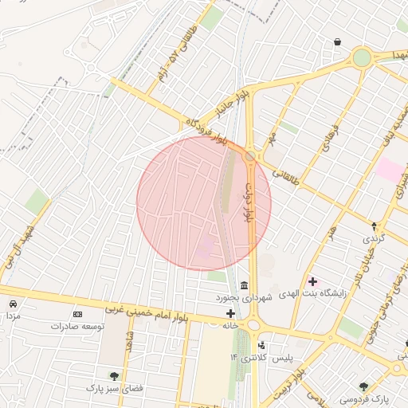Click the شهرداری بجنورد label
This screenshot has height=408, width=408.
coord(244,297)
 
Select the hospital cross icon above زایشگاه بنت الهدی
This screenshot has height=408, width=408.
coord(312,281)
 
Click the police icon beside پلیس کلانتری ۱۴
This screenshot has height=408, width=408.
coord(261,346)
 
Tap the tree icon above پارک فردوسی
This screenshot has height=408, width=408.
coord(364,386)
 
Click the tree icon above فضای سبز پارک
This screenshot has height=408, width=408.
coord(114,375)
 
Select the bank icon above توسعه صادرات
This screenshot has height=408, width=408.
coord(77,315)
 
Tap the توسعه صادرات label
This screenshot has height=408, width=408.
coord(77,327)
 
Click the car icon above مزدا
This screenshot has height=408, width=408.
coord(14,304)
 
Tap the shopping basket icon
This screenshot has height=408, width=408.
coord(338,41)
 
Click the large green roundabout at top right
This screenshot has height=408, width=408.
coord(363,57)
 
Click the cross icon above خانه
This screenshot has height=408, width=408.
coord(231,313)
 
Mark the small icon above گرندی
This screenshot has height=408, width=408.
coord(374,226)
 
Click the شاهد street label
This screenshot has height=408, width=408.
coord(128,342)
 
